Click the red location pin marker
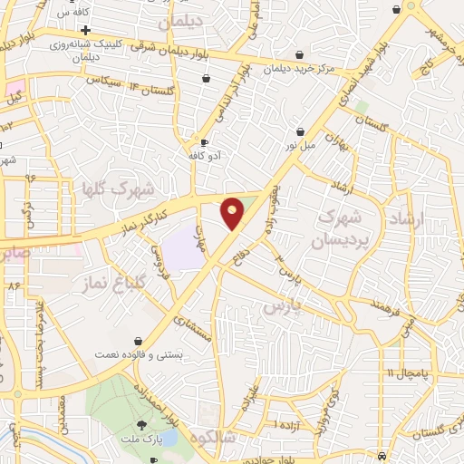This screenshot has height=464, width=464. (233, 213)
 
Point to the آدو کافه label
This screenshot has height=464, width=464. (214, 155)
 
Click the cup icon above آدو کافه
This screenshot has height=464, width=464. (204, 143)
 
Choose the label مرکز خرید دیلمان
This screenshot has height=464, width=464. (300, 68)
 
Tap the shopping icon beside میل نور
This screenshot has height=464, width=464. (300, 131)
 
